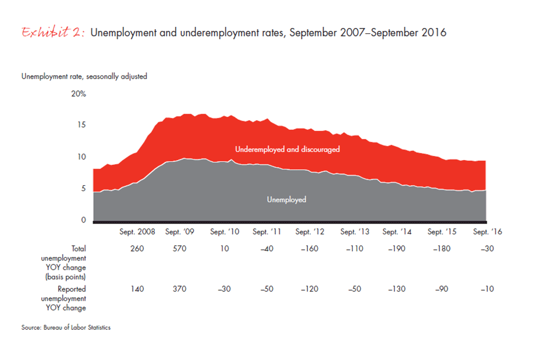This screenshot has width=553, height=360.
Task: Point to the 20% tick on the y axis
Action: (79, 94)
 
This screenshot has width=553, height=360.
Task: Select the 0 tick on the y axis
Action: (83, 220)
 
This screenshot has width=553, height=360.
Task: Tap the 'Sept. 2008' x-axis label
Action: (137, 232)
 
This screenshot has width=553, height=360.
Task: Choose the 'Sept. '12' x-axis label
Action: (310, 232)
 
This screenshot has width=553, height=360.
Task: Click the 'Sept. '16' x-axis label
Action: (487, 232)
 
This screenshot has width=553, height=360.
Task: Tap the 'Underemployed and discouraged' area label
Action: (287, 150)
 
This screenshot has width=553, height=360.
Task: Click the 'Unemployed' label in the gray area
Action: (286, 200)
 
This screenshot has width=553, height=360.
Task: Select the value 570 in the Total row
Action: (179, 249)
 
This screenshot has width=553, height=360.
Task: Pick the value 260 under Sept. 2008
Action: (137, 249)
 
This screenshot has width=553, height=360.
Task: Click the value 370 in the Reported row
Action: (179, 289)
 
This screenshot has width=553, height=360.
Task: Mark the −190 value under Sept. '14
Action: (397, 249)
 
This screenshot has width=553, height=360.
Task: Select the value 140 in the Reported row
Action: (137, 289)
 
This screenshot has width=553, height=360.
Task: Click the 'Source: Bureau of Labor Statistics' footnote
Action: (66, 327)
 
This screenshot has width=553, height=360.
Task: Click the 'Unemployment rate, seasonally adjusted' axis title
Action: (84, 76)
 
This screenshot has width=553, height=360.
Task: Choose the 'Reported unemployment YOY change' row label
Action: (71, 298)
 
